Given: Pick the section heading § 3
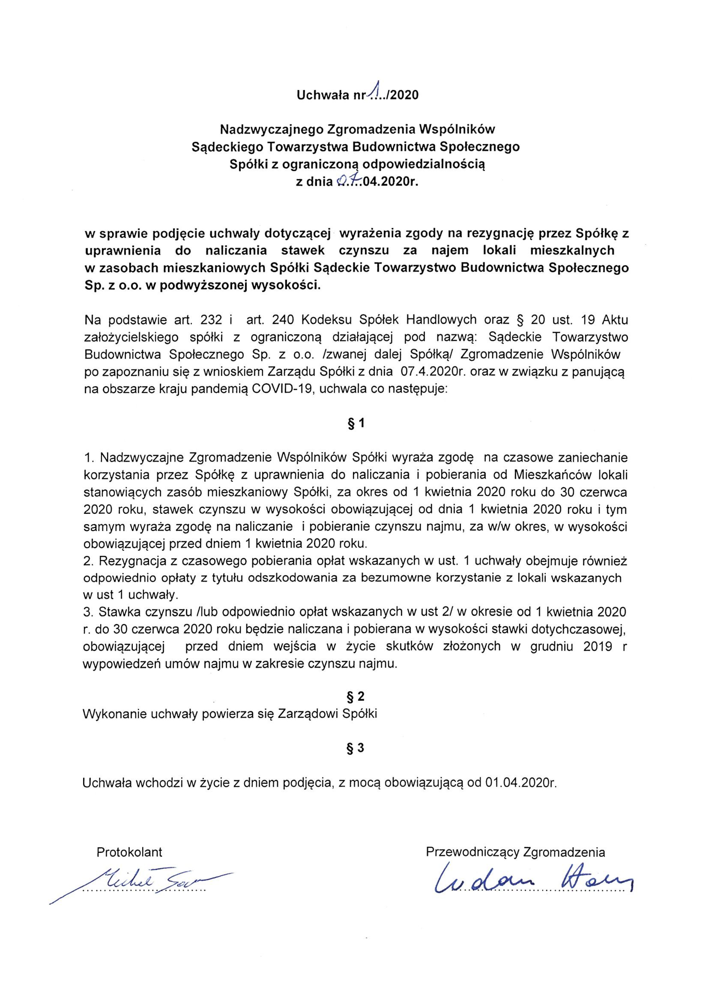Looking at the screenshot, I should point(356,748).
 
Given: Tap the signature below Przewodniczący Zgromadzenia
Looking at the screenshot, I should point(532,875).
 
